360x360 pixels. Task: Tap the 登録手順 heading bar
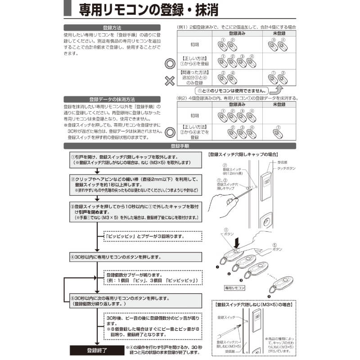click(180, 146)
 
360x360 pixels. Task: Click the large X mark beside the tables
click(169, 81)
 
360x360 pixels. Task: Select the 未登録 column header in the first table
click(279, 34)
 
